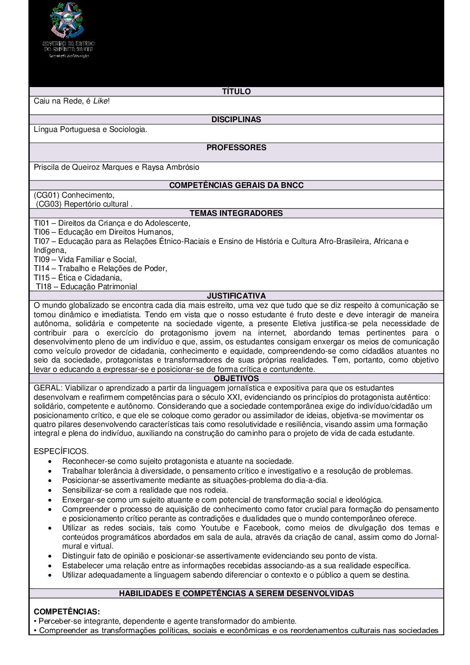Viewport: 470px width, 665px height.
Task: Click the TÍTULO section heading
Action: click(236, 92)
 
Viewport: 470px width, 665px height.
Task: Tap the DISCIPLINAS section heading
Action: click(236, 119)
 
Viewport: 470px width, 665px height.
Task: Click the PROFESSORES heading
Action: click(236, 147)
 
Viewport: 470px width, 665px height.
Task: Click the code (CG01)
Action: click(47, 195)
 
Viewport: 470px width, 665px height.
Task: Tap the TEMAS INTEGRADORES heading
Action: click(236, 213)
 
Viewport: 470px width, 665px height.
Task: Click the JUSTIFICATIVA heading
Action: click(236, 296)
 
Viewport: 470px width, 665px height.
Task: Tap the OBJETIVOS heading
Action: click(236, 378)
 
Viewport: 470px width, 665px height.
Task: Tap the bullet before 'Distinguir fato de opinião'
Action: click(53, 556)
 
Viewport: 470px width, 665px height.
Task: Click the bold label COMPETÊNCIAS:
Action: click(67, 612)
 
